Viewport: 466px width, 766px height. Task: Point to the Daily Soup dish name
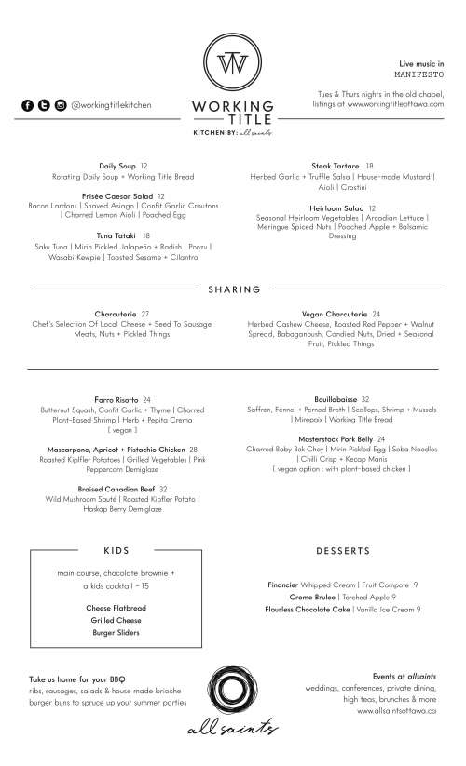pyautogui.click(x=118, y=166)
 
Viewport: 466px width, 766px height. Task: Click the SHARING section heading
pyautogui.click(x=234, y=289)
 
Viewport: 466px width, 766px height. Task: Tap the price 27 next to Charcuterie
pyautogui.click(x=145, y=315)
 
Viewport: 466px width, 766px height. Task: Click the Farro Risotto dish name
pyautogui.click(x=116, y=400)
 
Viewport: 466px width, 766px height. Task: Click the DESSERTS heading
pyautogui.click(x=343, y=550)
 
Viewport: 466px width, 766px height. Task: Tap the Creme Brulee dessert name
pyautogui.click(x=312, y=597)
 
